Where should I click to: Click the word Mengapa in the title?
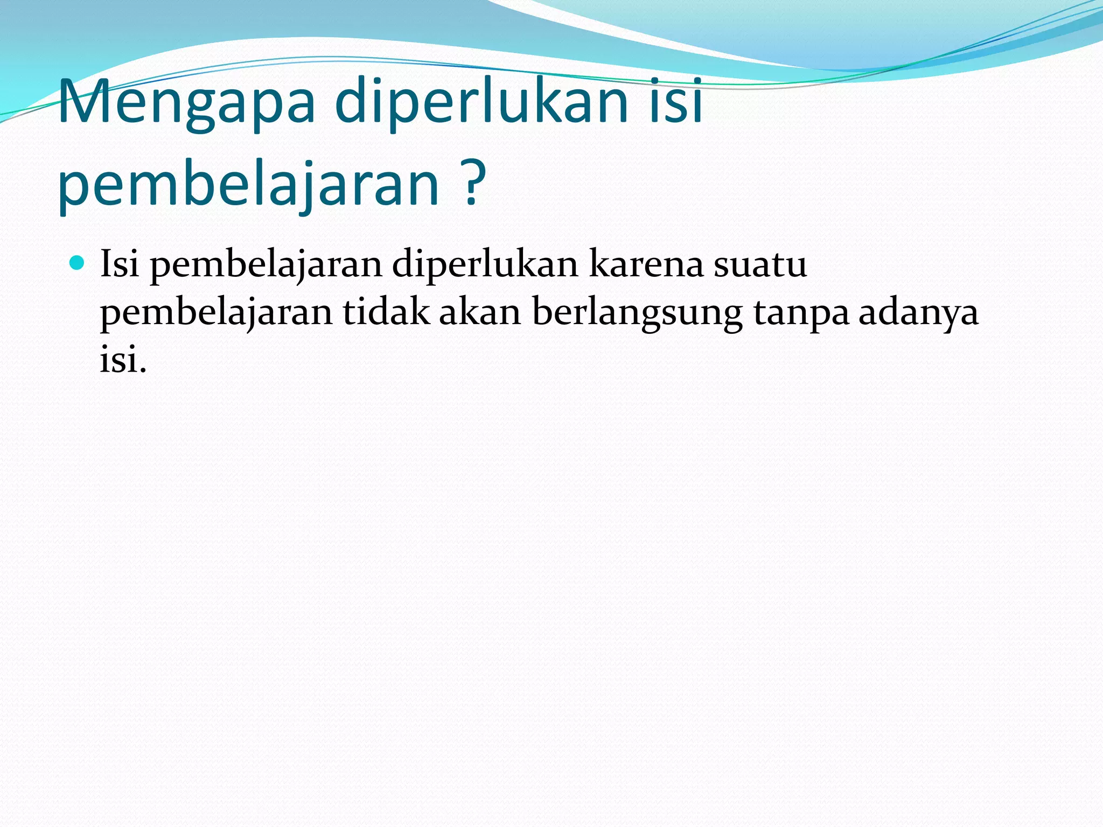point(186,102)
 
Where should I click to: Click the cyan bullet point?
point(78,263)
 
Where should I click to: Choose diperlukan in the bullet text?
point(485,265)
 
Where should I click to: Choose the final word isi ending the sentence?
point(118,359)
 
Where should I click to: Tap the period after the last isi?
point(143,370)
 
